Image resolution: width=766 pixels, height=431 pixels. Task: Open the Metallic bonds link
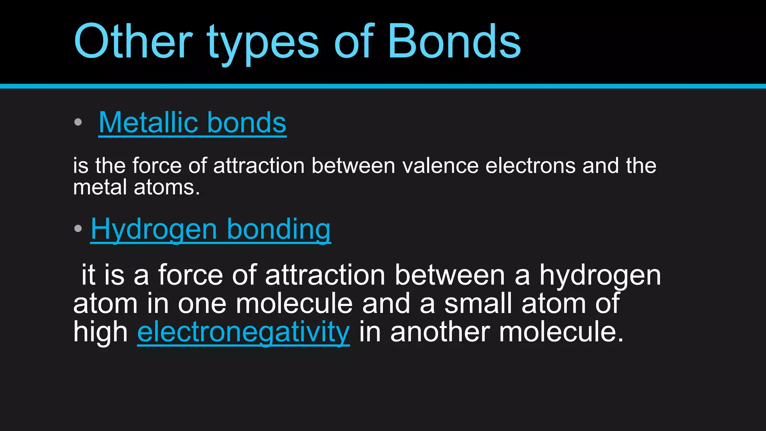click(x=192, y=123)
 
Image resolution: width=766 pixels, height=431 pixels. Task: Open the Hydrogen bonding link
click(x=211, y=229)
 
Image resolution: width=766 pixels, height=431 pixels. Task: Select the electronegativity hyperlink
click(x=243, y=332)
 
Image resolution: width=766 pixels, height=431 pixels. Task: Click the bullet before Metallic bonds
click(x=78, y=122)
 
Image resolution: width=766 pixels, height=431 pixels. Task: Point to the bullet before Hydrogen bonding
click(x=78, y=229)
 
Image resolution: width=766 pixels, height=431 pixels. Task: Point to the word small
click(x=478, y=303)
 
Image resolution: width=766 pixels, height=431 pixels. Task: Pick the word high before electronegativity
click(x=100, y=332)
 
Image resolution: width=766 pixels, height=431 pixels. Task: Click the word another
click(x=440, y=332)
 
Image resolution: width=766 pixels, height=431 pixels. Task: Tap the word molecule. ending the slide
click(x=561, y=332)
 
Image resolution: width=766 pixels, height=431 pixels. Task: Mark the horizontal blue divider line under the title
click(x=383, y=86)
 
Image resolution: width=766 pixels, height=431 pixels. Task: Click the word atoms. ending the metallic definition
click(x=167, y=187)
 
